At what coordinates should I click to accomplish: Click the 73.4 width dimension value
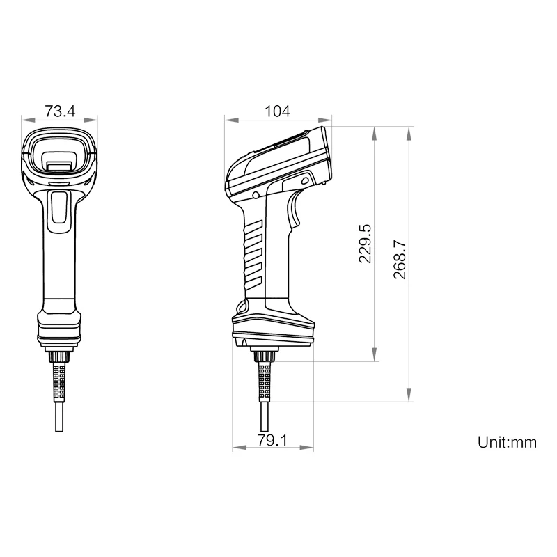tap(60, 111)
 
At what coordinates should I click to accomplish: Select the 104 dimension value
tap(277, 111)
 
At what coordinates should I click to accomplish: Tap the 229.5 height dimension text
tap(364, 244)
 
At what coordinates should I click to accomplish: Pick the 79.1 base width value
tap(273, 440)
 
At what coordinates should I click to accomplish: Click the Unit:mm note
tap(507, 442)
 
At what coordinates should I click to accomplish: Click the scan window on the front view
tap(59, 153)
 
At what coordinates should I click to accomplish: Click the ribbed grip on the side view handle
tap(252, 254)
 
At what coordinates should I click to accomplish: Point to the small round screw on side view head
tap(256, 195)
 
